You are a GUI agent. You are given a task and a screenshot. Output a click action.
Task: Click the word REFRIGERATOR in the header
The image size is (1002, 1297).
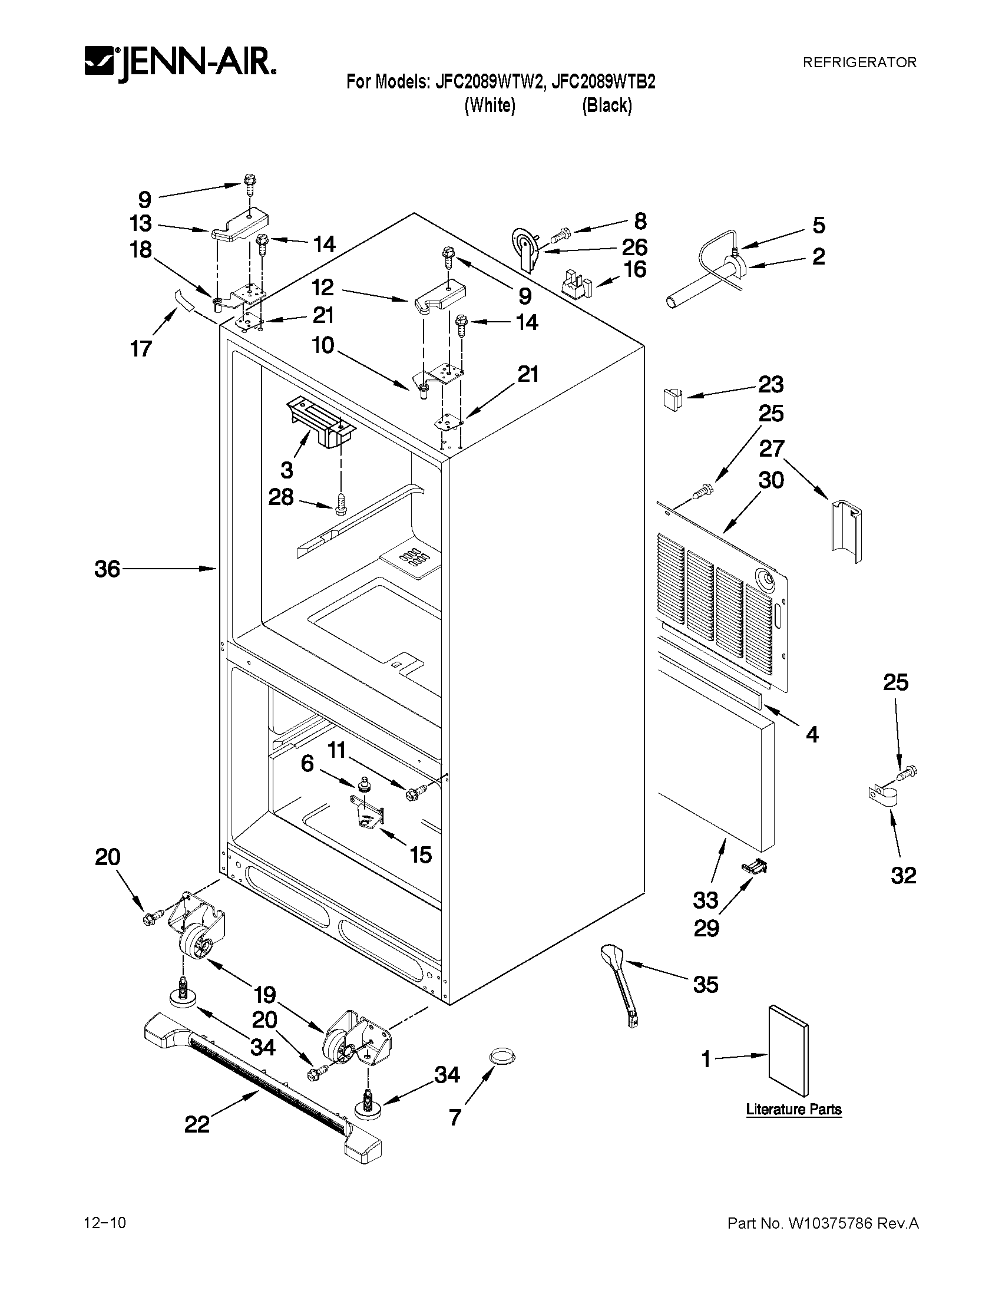(859, 62)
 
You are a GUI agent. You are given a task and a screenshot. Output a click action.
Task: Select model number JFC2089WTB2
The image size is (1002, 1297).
(604, 82)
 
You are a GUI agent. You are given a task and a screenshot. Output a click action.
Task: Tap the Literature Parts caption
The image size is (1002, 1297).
(793, 1110)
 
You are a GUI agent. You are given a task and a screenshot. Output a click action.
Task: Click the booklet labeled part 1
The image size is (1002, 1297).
(788, 1051)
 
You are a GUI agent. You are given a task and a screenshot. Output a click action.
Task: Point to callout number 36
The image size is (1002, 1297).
(107, 569)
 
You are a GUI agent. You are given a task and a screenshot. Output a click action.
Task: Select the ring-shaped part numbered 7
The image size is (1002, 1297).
(502, 1055)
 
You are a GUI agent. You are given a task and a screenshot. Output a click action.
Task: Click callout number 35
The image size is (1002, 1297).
(705, 985)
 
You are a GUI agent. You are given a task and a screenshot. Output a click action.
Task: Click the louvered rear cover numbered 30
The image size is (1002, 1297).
(724, 600)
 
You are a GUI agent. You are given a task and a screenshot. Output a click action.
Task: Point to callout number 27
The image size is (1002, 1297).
(772, 448)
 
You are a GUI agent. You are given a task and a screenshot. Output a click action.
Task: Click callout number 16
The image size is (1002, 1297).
(635, 269)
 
